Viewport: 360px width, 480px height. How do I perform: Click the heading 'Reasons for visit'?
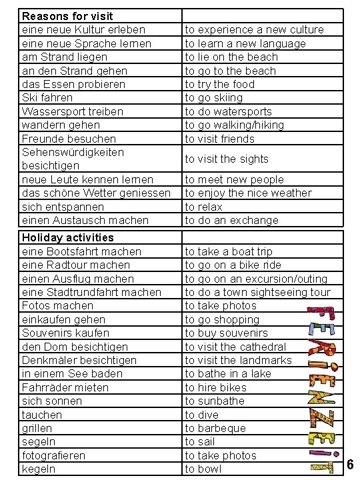click(x=67, y=15)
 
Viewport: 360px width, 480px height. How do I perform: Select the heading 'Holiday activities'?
click(x=68, y=237)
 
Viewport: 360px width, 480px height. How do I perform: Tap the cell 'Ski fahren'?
click(x=47, y=97)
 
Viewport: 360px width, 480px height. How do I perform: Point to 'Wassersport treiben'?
click(x=73, y=111)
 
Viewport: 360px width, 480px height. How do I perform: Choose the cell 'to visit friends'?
click(x=220, y=139)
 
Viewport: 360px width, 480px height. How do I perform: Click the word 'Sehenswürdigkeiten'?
click(x=73, y=152)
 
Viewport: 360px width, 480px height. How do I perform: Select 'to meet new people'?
click(x=234, y=179)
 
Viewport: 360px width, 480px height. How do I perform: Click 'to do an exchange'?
click(x=231, y=220)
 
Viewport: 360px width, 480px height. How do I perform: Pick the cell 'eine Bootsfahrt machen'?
click(x=81, y=251)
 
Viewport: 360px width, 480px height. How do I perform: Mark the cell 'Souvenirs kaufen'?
click(x=65, y=333)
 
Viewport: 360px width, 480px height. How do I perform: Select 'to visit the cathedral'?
click(x=235, y=347)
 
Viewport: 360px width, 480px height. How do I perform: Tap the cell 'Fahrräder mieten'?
click(x=65, y=387)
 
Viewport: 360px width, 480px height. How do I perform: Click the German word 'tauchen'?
click(x=42, y=415)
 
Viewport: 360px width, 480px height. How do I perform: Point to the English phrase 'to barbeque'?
click(x=215, y=428)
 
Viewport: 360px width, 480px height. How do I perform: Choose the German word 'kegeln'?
click(x=39, y=469)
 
